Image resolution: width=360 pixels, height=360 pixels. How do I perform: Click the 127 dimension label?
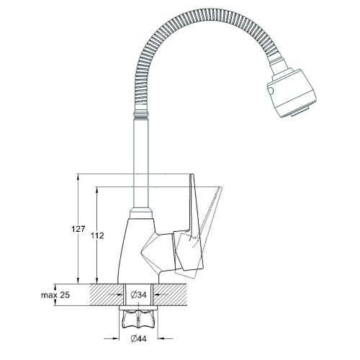tap(78, 229)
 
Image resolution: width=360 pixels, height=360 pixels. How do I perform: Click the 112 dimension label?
tap(97, 235)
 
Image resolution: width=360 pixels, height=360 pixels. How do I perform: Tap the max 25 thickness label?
tap(55, 294)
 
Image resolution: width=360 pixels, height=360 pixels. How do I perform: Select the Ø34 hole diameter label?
tap(138, 294)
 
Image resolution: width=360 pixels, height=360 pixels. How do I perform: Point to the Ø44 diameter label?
tap(138, 338)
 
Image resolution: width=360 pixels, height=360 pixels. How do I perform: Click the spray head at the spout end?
tap(292, 93)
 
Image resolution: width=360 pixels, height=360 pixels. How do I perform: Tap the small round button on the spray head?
tap(271, 91)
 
